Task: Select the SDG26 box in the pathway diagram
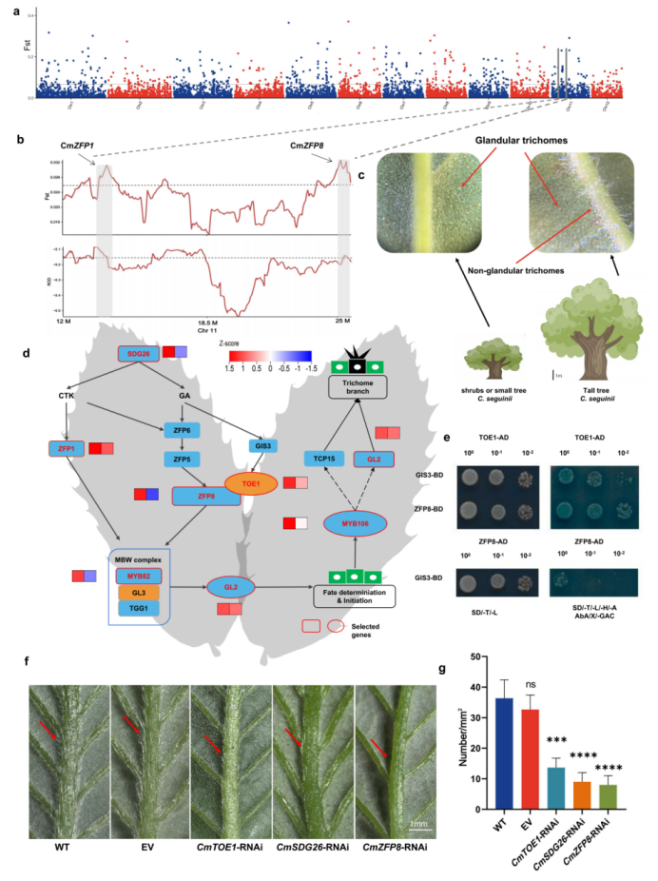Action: pos(138,354)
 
